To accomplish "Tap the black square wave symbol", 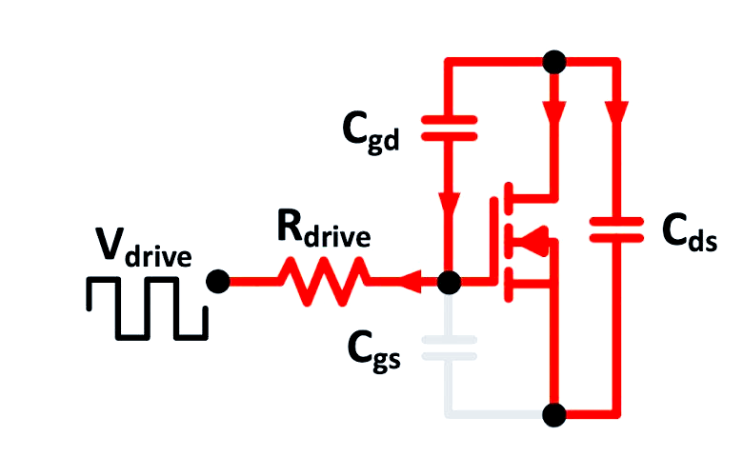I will tap(147, 308).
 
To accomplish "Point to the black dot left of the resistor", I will tap(218, 282).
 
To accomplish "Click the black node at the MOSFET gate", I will tap(449, 282).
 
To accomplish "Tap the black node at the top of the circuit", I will tap(552, 62).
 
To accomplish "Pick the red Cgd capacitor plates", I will tap(449, 129).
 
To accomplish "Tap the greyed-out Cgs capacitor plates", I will tap(449, 348).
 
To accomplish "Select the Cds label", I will tap(687, 229).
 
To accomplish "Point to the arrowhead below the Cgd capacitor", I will tap(449, 206).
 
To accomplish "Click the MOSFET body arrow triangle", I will tap(537, 240).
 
